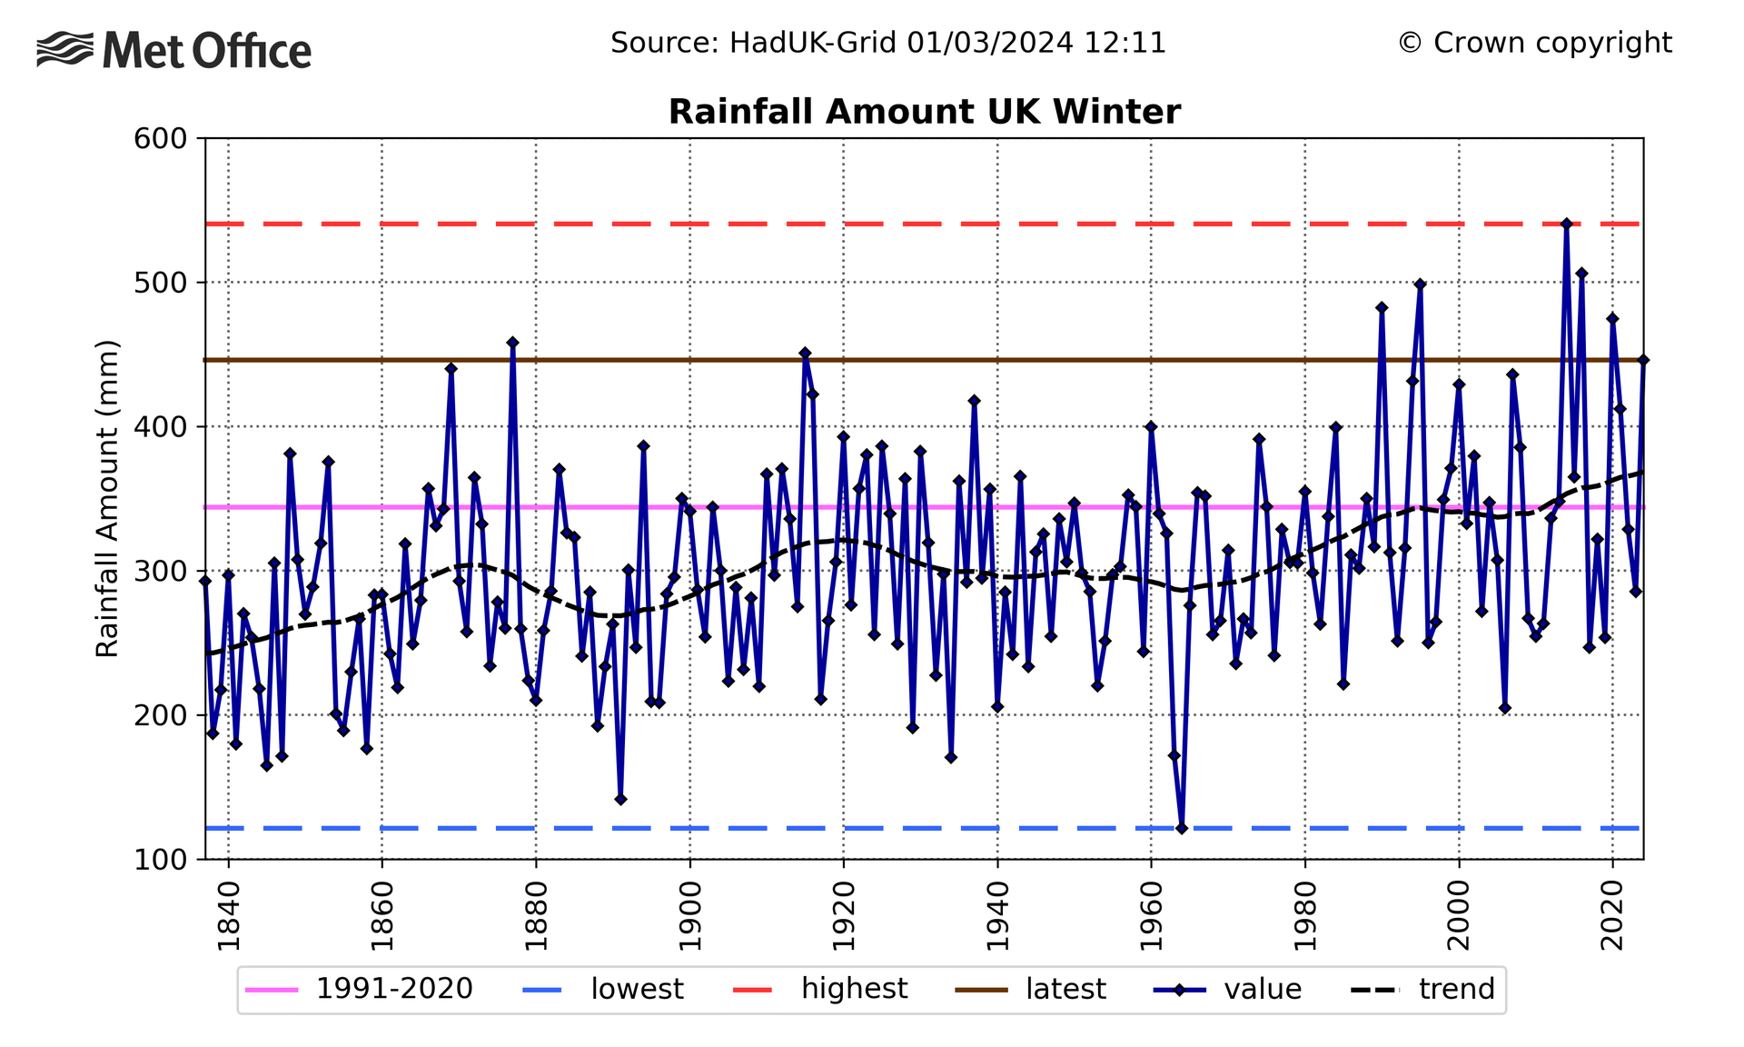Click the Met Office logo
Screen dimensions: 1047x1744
tap(174, 50)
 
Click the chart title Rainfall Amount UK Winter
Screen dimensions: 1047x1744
tap(924, 112)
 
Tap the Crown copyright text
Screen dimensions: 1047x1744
tap(1534, 43)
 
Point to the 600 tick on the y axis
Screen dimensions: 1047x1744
tap(160, 139)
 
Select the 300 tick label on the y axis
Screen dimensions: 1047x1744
tap(160, 572)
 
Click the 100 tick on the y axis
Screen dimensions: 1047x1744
tap(160, 860)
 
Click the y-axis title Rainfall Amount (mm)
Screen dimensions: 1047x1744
tap(107, 498)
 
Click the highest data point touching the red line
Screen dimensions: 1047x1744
tap(1566, 224)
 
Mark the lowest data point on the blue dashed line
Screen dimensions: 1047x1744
tap(1182, 828)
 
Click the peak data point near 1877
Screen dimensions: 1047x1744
tap(512, 343)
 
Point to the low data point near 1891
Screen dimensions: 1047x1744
tap(620, 800)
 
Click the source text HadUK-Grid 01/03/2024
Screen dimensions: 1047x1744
tap(887, 43)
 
